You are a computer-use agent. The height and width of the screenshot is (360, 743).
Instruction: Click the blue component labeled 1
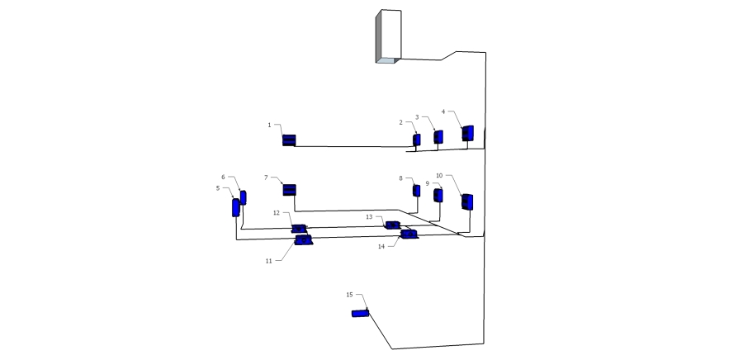click(289, 140)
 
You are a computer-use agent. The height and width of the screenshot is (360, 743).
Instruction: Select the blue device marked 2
click(417, 140)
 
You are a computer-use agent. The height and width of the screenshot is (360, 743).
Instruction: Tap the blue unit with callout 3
click(438, 137)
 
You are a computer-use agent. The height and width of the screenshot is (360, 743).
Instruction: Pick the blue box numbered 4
click(468, 133)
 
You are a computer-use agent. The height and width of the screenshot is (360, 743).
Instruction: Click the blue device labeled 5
click(235, 207)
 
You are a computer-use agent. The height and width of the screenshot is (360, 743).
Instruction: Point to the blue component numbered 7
click(289, 190)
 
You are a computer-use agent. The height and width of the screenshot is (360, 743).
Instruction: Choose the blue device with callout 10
click(467, 201)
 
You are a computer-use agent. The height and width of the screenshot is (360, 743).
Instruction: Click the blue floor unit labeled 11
click(303, 240)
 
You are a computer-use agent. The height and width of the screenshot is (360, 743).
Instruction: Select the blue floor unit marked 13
click(393, 225)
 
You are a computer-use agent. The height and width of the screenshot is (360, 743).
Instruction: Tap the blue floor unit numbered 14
click(409, 234)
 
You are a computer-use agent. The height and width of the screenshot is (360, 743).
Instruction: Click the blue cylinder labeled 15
click(360, 313)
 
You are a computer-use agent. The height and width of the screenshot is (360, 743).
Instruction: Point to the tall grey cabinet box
click(389, 36)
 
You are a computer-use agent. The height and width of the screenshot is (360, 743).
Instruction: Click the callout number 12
click(277, 213)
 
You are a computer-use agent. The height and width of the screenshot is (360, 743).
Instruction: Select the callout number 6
click(223, 178)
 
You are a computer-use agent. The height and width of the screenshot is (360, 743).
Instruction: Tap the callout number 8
click(401, 178)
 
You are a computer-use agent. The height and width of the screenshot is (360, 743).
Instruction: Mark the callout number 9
click(428, 183)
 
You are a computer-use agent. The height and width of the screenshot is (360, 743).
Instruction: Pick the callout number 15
click(350, 295)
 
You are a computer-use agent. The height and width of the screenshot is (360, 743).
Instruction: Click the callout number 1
click(270, 125)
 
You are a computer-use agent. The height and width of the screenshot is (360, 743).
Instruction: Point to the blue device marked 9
click(438, 195)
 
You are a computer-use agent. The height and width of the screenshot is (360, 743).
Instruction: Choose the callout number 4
click(443, 111)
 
